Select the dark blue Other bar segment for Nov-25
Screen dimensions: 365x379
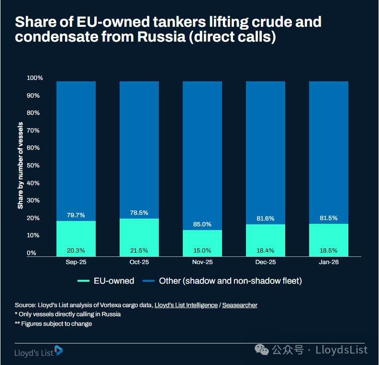pyautogui.click(x=202, y=153)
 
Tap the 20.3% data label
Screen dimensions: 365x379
pyautogui.click(x=76, y=250)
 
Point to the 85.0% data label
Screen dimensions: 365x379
pyautogui.click(x=202, y=224)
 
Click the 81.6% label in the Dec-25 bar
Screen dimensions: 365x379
pyautogui.click(x=266, y=218)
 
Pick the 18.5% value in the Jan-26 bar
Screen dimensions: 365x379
pyautogui.click(x=329, y=250)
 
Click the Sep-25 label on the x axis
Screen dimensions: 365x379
pyautogui.click(x=76, y=263)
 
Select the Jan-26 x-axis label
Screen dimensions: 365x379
pyautogui.click(x=329, y=263)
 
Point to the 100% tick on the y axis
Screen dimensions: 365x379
pyautogui.click(x=35, y=78)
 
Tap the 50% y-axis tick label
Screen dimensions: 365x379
pyautogui.click(x=33, y=166)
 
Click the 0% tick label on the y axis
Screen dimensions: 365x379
pyautogui.click(x=32, y=253)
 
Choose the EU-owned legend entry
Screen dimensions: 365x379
pyautogui.click(x=106, y=281)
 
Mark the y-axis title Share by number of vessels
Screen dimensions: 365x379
pyautogui.click(x=21, y=166)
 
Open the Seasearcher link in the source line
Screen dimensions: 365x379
pyautogui.click(x=239, y=305)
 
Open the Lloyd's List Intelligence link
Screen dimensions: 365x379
pyautogui.click(x=186, y=305)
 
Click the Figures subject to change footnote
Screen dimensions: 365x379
pyautogui.click(x=53, y=324)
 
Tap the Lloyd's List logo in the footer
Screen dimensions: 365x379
pyautogui.click(x=39, y=351)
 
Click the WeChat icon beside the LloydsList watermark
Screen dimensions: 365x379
pyautogui.click(x=262, y=350)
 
